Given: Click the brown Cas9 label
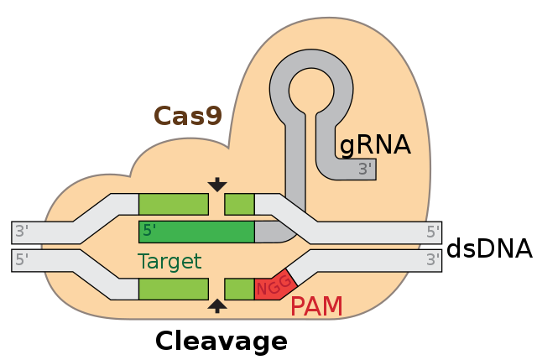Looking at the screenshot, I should (188, 116).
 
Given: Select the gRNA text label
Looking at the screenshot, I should (374, 145).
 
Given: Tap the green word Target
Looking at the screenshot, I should (169, 261).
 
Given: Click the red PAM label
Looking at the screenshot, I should (316, 306).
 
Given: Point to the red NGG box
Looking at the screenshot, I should (274, 288).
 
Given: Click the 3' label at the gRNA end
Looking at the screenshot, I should (365, 169).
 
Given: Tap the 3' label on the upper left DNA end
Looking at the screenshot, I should (23, 232).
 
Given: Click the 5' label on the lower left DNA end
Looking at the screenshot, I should (23, 260).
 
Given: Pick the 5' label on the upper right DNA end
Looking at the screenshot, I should (432, 232).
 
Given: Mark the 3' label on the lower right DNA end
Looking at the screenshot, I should (432, 260).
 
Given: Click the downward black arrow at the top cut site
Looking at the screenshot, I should (217, 184).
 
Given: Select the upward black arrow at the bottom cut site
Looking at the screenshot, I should (217, 305).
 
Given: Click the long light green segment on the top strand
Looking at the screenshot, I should (174, 204).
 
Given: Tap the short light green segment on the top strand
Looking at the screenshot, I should (239, 204).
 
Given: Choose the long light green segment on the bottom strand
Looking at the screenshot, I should (174, 290).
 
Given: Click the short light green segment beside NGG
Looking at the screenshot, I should (239, 290).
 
